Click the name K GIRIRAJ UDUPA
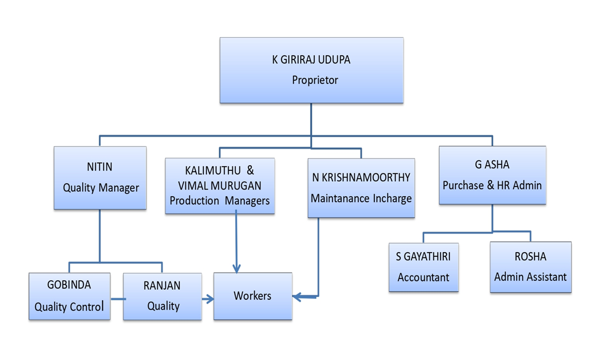(x=311, y=60)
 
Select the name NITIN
(x=100, y=166)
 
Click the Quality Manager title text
(x=101, y=188)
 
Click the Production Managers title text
(x=220, y=201)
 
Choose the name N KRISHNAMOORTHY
(x=361, y=178)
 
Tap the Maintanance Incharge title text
(x=361, y=198)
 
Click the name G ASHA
(x=492, y=165)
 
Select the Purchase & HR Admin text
(x=492, y=185)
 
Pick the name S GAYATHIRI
(x=423, y=257)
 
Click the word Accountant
(x=423, y=277)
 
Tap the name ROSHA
(x=530, y=256)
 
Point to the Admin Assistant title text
(x=530, y=277)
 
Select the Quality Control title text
(x=69, y=307)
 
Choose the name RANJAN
(x=163, y=286)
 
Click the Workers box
(x=253, y=296)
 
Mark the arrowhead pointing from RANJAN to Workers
(x=210, y=298)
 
